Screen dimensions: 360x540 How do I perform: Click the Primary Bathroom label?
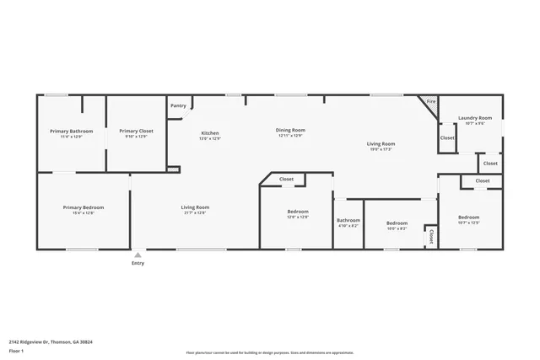71,131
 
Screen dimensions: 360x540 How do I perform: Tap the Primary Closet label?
136,131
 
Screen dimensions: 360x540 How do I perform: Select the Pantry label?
178,105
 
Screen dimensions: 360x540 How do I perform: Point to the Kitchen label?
210,133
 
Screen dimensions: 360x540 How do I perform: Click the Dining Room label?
290,130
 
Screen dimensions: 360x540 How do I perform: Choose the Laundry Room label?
475,117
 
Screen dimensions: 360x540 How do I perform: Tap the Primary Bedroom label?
84,207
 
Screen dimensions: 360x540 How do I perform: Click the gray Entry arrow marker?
138,254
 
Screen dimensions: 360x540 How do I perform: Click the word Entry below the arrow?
138,263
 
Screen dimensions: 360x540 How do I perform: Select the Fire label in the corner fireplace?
430,101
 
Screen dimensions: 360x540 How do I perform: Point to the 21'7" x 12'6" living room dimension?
195,213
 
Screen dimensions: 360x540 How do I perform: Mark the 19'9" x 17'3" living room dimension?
381,149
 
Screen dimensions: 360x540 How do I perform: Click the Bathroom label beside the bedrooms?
348,220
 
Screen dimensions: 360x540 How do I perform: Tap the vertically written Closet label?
431,235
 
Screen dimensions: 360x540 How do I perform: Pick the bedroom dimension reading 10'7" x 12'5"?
468,223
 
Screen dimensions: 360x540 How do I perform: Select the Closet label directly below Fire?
447,137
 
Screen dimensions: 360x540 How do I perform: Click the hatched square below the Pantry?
173,169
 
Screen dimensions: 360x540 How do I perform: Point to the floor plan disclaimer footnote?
270,352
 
